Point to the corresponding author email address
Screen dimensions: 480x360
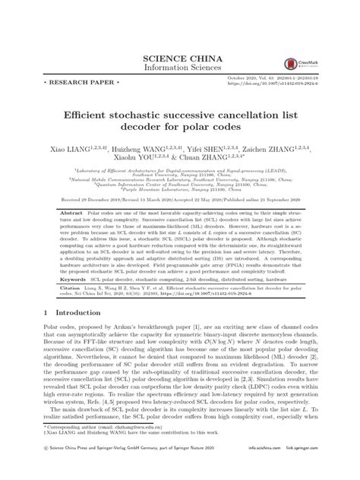132,449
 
